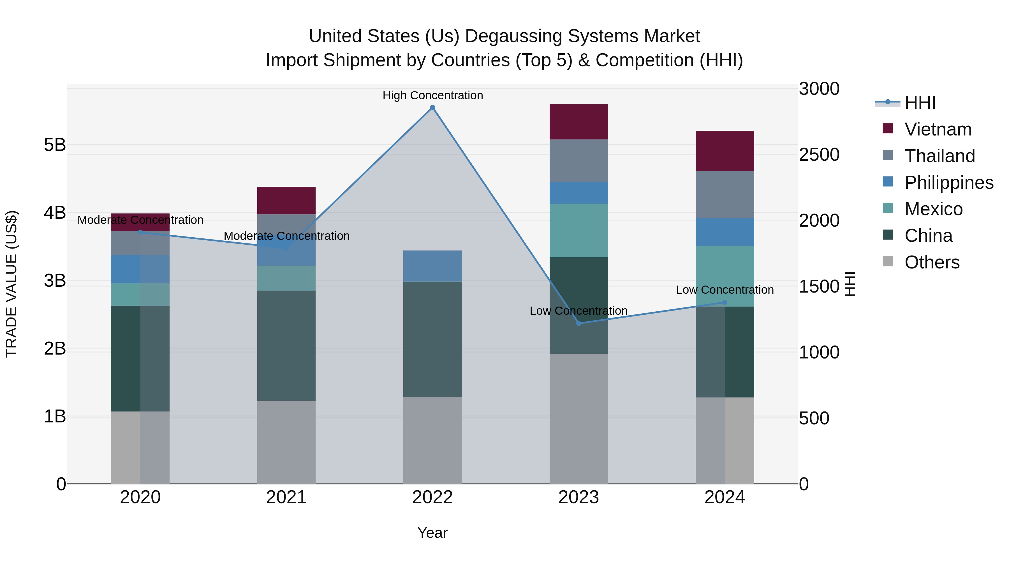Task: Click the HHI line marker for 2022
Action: [x=432, y=107]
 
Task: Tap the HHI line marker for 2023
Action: [x=578, y=323]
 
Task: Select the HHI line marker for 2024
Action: [x=725, y=302]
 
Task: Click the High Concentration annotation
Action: [x=432, y=95]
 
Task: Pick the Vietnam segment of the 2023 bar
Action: [x=578, y=121]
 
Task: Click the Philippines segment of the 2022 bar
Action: [x=432, y=266]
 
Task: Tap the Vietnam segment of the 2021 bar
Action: [x=286, y=200]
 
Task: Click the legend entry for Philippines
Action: [x=948, y=183]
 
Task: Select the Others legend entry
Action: [x=931, y=262]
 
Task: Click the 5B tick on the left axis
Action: [x=55, y=145]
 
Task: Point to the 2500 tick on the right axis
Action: [x=819, y=155]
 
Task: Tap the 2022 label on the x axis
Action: [x=432, y=497]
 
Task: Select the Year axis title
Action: [x=432, y=533]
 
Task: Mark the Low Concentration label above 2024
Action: [x=725, y=290]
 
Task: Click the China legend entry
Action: [x=928, y=236]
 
